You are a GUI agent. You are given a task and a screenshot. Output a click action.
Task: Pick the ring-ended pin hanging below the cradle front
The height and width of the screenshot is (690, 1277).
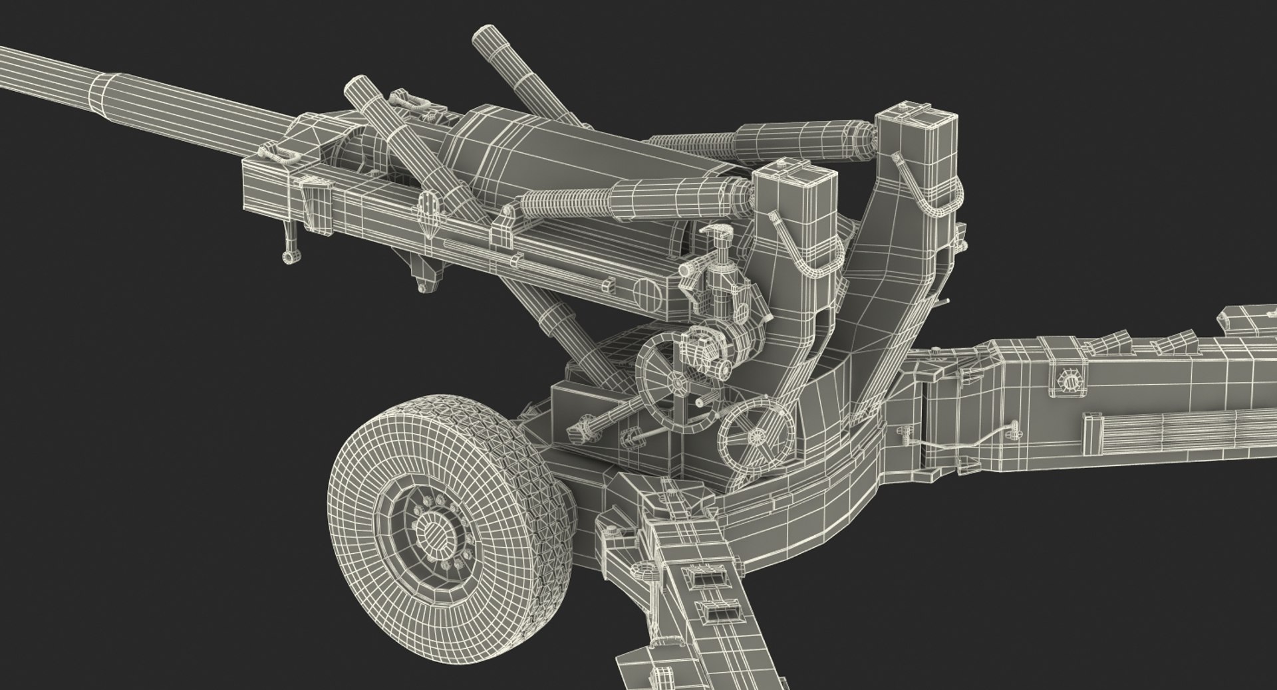coord(288,255)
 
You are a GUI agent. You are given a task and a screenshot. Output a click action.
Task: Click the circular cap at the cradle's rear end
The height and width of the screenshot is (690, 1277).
coord(646,291)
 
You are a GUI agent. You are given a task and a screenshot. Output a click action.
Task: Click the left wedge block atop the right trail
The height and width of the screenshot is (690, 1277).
coord(1104,346)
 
